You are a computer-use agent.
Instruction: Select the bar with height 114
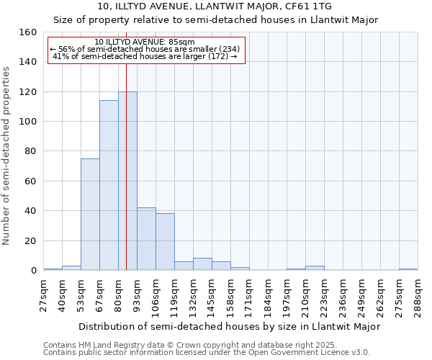[x=109, y=186]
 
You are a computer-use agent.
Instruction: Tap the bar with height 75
[x=90, y=215]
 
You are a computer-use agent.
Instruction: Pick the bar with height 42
[x=146, y=239]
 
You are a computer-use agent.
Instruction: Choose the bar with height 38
[x=165, y=242]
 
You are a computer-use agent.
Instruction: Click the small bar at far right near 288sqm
[x=408, y=269]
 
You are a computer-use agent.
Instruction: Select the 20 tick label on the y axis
[x=30, y=240]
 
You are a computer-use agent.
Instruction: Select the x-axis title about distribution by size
[x=229, y=326]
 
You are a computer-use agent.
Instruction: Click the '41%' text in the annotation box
[x=60, y=56]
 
